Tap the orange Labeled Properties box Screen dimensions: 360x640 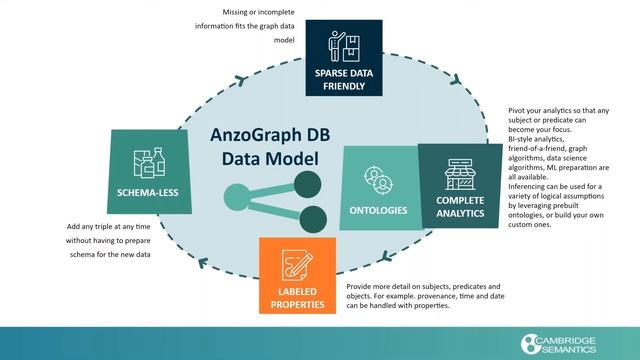(x=297, y=275)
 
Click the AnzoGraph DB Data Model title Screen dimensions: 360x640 (x=265, y=147)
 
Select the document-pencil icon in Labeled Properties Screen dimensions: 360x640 (x=297, y=262)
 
